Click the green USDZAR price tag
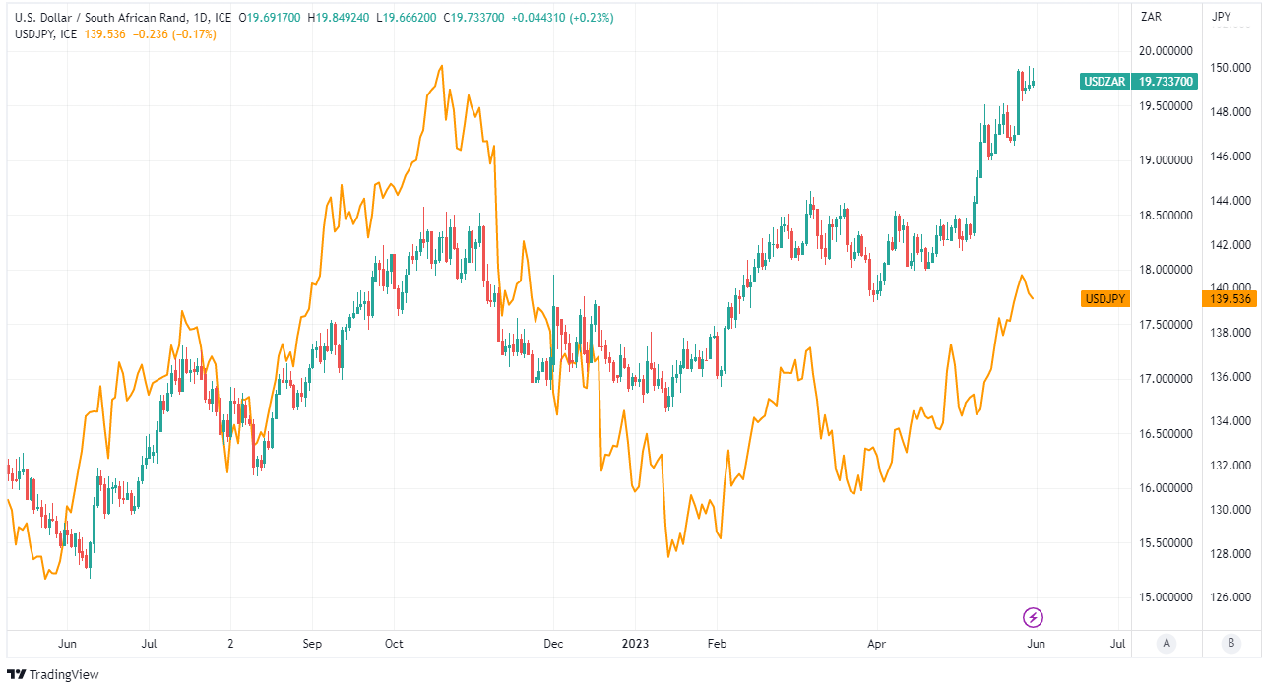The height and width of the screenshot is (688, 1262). [1104, 82]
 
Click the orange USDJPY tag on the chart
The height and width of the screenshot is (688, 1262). [1104, 298]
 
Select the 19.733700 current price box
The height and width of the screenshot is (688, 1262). [1167, 82]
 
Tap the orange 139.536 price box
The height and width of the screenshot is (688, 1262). [1230, 298]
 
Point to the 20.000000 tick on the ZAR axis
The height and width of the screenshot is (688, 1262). [1166, 50]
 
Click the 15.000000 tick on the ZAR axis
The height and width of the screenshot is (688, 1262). [1166, 597]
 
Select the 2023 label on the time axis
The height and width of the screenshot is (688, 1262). [636, 644]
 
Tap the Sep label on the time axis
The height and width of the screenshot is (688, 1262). [312, 644]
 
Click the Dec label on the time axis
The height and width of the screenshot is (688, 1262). [553, 644]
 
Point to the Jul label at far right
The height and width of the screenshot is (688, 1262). [1117, 644]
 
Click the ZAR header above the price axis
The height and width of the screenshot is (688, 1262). [1151, 17]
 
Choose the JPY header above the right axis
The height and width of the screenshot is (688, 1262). [1222, 17]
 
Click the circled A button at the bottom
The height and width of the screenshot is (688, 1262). [1167, 644]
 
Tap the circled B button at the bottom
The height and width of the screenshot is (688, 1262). [1230, 644]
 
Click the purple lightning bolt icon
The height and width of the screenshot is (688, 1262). [1034, 618]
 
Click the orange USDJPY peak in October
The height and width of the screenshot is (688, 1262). [442, 66]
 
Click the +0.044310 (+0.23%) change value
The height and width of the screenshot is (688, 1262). [562, 17]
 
